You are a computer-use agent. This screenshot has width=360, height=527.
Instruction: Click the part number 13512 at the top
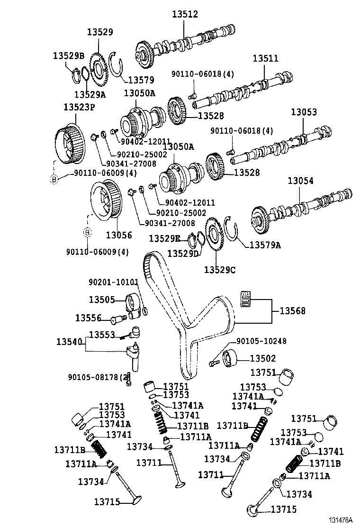tap(185, 15)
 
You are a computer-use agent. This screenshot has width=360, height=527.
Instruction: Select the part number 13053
tap(304, 112)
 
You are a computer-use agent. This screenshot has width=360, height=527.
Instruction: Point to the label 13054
tap(299, 181)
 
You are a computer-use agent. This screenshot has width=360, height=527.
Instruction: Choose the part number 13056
tap(118, 235)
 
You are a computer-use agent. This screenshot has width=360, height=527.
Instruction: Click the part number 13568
tap(292, 311)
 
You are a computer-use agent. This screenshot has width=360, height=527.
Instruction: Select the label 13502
tap(262, 359)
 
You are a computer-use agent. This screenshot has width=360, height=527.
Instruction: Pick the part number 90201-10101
tap(113, 282)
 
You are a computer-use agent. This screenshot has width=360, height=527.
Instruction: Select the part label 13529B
tap(68, 56)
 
